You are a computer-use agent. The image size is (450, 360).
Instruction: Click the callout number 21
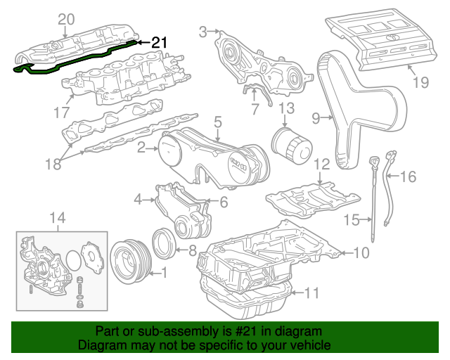(160, 42)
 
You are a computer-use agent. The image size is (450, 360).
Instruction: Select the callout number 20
(65, 18)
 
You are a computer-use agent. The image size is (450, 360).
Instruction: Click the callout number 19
(420, 83)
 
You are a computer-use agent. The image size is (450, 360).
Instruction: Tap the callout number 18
(53, 164)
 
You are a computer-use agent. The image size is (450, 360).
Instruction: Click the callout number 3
(204, 31)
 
